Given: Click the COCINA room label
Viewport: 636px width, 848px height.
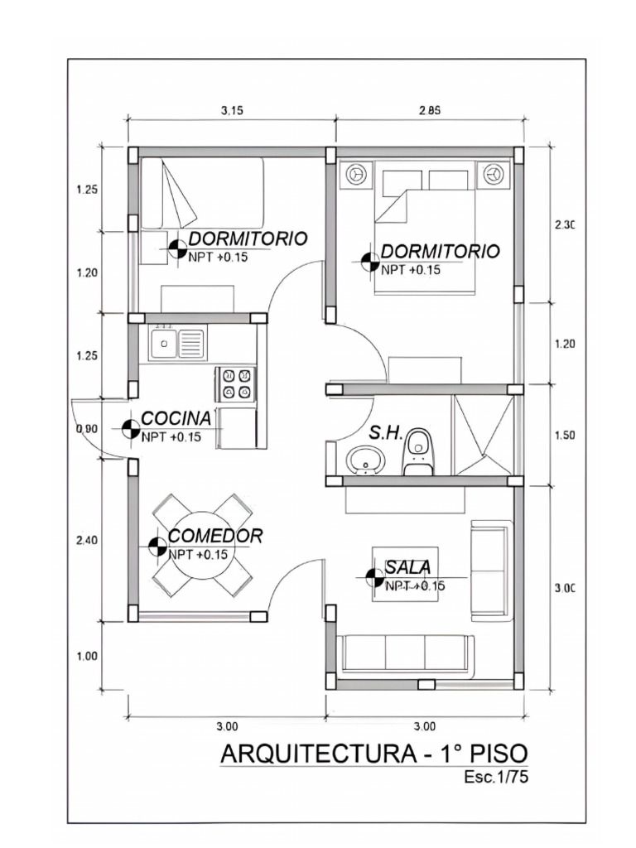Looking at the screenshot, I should [176, 419].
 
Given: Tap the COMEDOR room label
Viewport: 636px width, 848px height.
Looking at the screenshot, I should [215, 536].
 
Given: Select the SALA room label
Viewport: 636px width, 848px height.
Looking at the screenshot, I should [407, 567].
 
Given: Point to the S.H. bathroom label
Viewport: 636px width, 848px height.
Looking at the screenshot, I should [386, 432].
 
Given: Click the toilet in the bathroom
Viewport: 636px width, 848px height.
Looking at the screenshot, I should [418, 453].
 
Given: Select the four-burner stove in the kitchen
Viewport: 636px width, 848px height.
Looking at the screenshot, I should [235, 383].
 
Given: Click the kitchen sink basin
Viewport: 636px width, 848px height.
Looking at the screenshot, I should [165, 343].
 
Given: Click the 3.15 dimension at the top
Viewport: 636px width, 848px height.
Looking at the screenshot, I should [232, 110].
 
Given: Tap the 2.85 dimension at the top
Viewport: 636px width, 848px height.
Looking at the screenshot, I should [429, 110].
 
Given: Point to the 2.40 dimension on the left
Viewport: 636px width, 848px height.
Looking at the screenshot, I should [86, 540].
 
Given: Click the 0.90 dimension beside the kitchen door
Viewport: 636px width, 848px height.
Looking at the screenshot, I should [86, 429].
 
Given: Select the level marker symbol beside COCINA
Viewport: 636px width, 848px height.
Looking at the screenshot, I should [130, 429].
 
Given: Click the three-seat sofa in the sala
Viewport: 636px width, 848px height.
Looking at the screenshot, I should [406, 653].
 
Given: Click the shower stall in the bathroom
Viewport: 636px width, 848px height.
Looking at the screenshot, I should [482, 435].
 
